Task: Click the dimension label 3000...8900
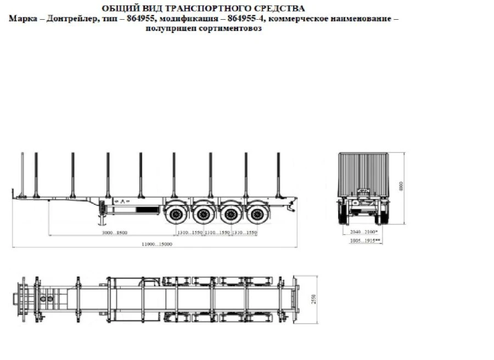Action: (115, 233)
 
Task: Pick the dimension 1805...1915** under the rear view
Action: (365, 241)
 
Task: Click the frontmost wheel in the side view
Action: (177, 213)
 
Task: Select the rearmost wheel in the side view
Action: (254, 213)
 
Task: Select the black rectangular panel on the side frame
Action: (146, 210)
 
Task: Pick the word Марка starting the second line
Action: (21, 19)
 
